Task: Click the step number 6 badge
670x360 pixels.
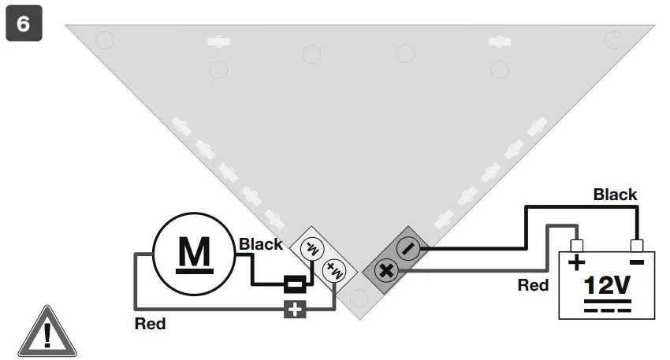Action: [24, 24]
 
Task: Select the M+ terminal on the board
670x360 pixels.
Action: [334, 270]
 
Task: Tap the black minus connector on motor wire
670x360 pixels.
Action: [296, 284]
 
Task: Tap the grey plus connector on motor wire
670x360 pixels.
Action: [296, 308]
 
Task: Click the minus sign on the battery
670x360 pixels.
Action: [637, 261]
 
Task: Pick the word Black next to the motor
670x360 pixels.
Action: [260, 244]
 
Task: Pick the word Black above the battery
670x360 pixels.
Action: [615, 194]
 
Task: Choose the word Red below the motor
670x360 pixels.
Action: [150, 323]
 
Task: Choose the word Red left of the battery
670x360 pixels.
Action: [533, 285]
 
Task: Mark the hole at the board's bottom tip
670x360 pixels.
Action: [359, 298]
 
